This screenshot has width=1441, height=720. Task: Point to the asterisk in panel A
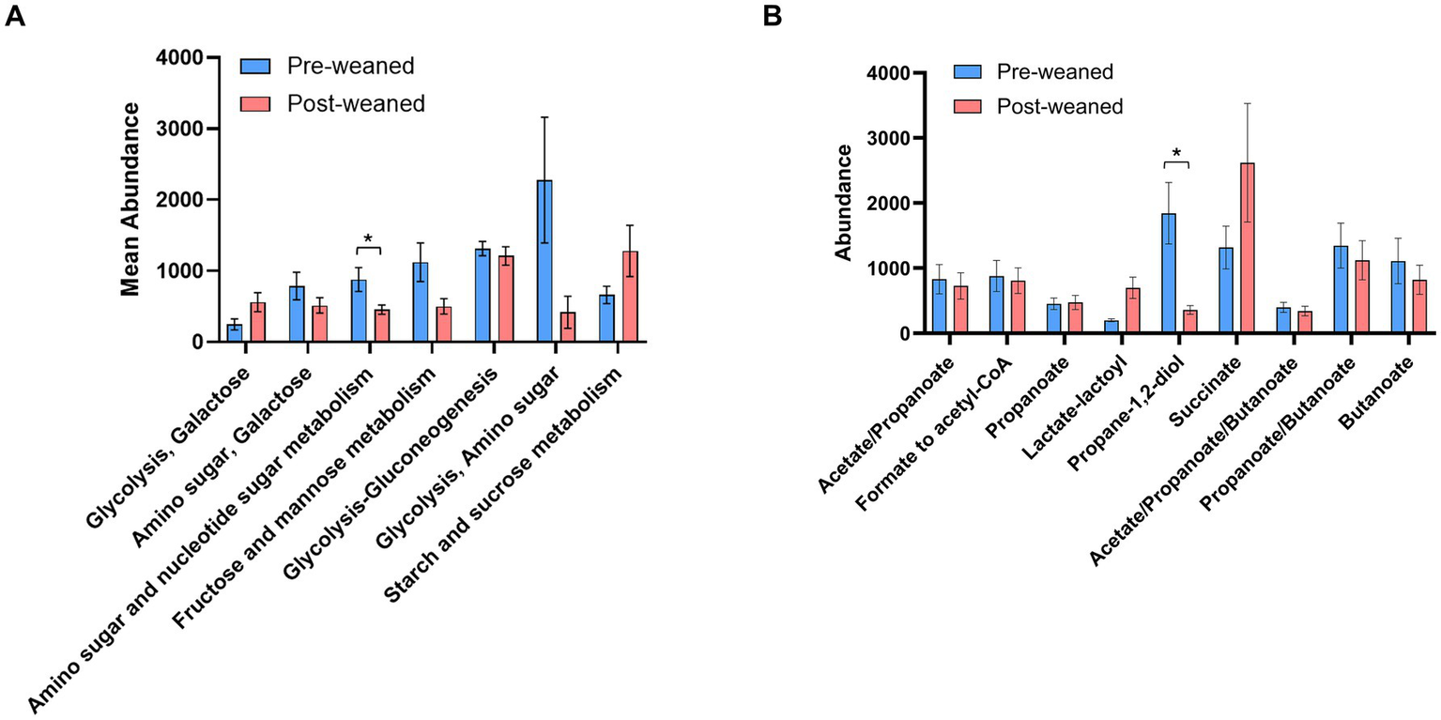368,239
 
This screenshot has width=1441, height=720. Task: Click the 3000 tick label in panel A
187,129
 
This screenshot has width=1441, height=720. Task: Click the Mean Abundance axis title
132,199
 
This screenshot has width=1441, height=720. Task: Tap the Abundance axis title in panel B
844,202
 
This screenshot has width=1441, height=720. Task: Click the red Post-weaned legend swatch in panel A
256,103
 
